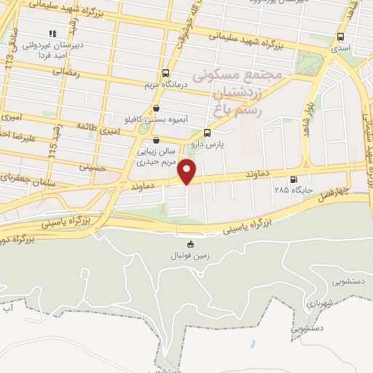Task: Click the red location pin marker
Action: [187, 172]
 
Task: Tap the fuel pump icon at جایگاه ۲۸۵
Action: [294, 180]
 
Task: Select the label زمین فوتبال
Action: [191, 256]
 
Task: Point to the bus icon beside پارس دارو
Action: [208, 133]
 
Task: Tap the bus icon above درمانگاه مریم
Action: [166, 73]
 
